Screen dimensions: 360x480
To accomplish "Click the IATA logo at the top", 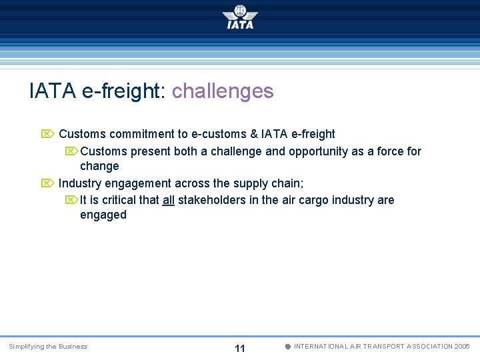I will (x=240, y=17).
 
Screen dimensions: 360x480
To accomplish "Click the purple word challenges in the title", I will (x=223, y=91).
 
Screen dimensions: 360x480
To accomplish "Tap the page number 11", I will (x=240, y=349).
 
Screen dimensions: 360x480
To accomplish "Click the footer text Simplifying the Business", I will (x=48, y=347).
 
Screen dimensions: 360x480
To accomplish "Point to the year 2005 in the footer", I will (x=462, y=347).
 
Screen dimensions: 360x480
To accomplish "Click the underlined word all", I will (x=168, y=200).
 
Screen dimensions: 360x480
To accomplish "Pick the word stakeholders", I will (x=211, y=200).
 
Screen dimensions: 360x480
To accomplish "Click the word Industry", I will (x=79, y=183).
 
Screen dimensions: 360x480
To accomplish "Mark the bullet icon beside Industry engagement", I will (x=47, y=183).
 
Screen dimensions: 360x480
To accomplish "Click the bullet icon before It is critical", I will (x=71, y=200).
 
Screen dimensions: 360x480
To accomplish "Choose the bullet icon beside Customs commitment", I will (x=47, y=134).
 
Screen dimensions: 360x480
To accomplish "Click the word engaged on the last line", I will (x=103, y=215).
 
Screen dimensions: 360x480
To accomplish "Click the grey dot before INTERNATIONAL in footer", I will (x=287, y=347).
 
